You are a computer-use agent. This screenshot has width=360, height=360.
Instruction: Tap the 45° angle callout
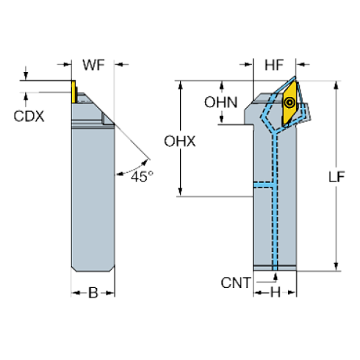tap(138, 176)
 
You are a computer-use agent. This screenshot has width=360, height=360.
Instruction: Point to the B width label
tap(93, 294)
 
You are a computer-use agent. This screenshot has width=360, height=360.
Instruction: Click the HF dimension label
tap(273, 66)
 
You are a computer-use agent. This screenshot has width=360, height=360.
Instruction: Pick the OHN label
tap(220, 102)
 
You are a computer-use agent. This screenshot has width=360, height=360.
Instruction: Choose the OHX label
tap(180, 141)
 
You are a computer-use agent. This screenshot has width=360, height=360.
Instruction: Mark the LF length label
tap(336, 176)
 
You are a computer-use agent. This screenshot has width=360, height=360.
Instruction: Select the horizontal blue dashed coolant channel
tap(265, 184)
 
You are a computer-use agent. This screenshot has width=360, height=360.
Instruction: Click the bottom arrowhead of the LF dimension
tap(336, 267)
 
